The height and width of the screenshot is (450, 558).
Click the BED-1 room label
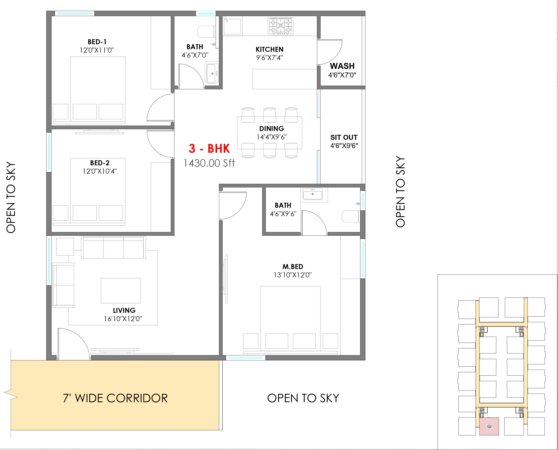[97, 42]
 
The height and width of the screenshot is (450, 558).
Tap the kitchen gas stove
[280, 26]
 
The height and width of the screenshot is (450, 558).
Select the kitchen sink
[232, 26]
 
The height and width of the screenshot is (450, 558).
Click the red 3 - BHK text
[209, 149]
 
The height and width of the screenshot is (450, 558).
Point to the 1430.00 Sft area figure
[209, 163]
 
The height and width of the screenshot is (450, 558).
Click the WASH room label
[342, 66]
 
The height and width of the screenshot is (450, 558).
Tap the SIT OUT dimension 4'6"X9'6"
[344, 146]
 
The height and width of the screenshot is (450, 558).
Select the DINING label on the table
[272, 129]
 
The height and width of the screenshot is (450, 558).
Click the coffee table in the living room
[121, 291]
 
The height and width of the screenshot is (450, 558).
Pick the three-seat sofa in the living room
[113, 247]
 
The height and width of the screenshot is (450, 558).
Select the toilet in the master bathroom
[351, 216]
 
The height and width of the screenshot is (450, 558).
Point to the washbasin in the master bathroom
[313, 194]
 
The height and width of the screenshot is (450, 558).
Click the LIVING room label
[124, 310]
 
